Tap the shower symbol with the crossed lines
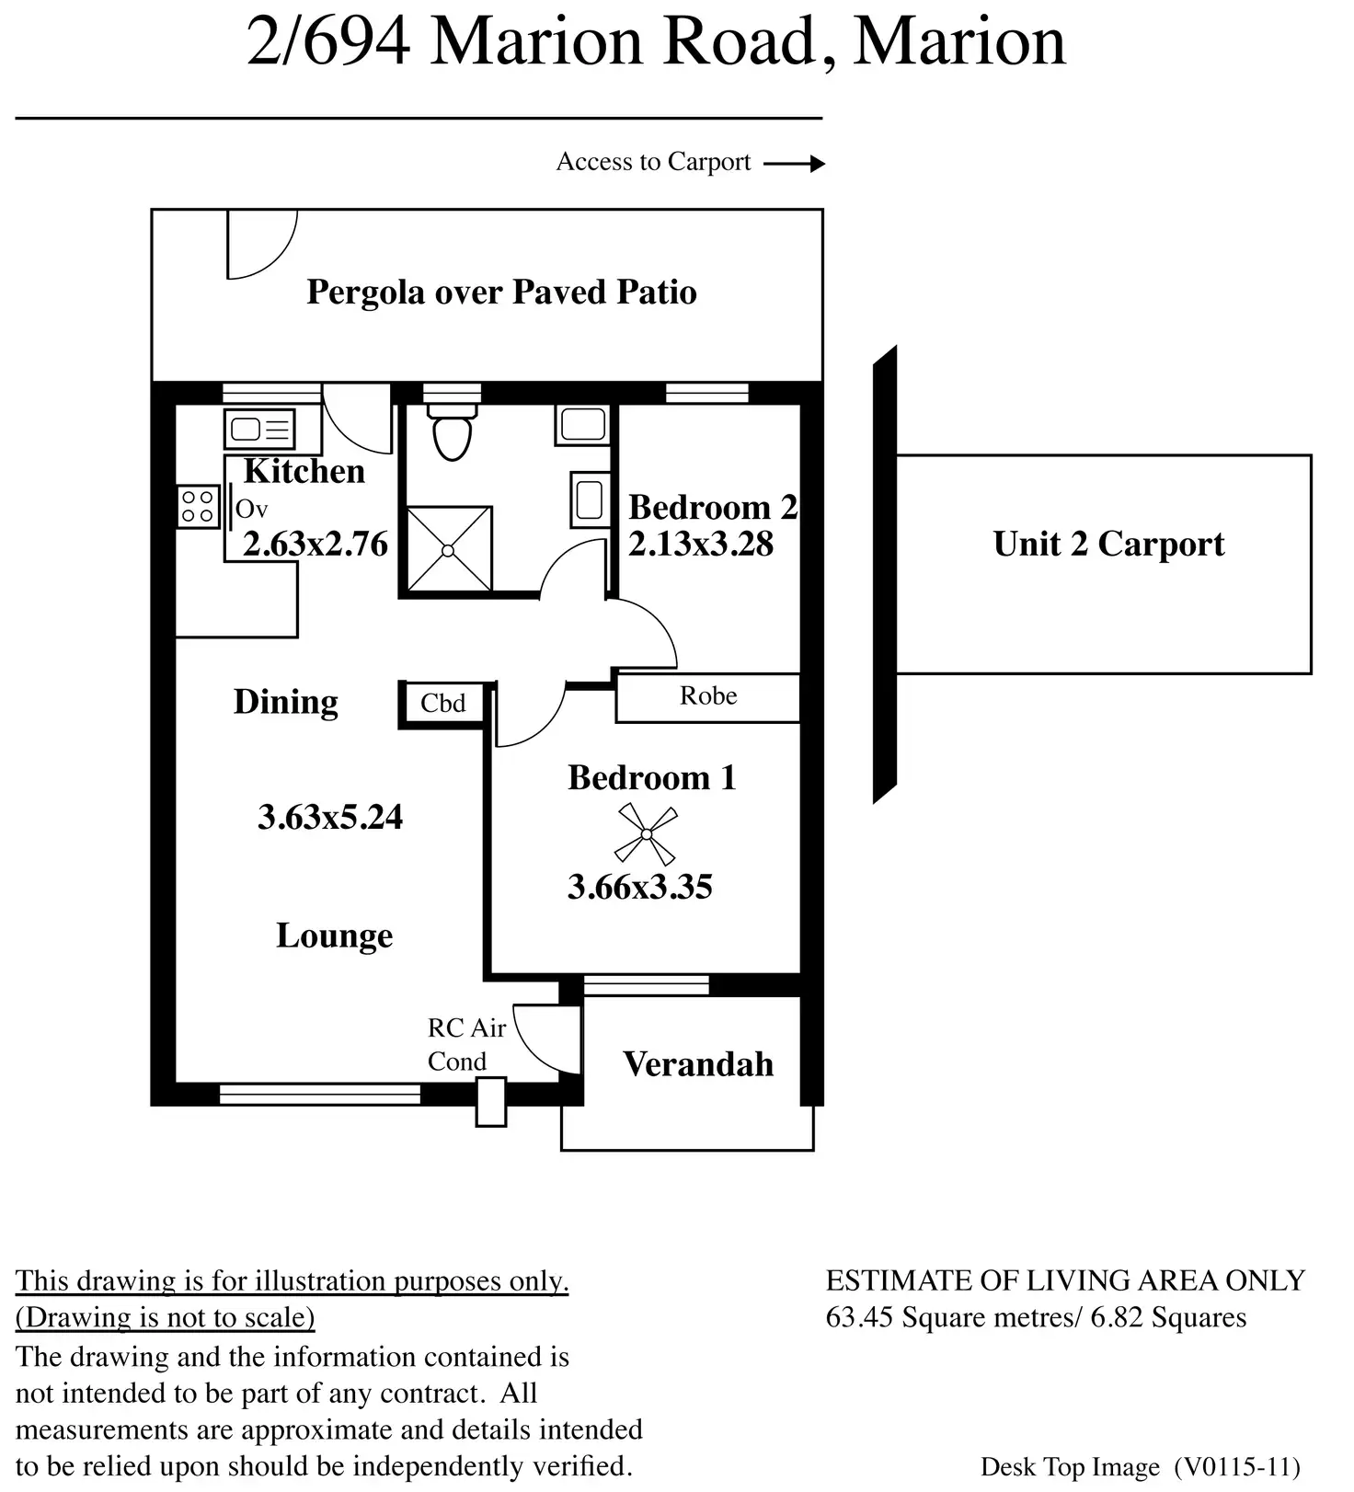pyautogui.click(x=449, y=550)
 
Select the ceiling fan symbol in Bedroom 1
pyautogui.click(x=646, y=833)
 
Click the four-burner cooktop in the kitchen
pyautogui.click(x=198, y=506)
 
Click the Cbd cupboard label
pyautogui.click(x=443, y=704)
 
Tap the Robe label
pyautogui.click(x=708, y=696)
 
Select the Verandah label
pyautogui.click(x=698, y=1064)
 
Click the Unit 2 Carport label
pyautogui.click(x=1108, y=545)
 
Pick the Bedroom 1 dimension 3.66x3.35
pyautogui.click(x=640, y=888)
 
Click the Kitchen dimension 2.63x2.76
pyautogui.click(x=316, y=545)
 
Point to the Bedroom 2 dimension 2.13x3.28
pyautogui.click(x=701, y=545)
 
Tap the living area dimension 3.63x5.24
pyautogui.click(x=330, y=817)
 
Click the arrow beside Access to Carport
pyautogui.click(x=795, y=164)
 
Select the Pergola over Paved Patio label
pyautogui.click(x=501, y=293)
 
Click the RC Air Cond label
pyautogui.click(x=466, y=1044)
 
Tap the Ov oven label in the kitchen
pyautogui.click(x=251, y=509)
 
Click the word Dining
pyautogui.click(x=285, y=702)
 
